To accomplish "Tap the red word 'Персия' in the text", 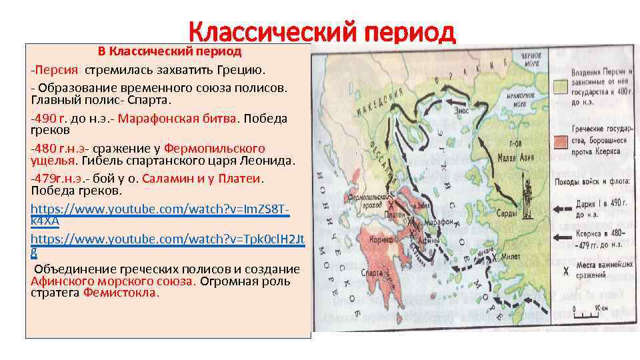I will (57, 69).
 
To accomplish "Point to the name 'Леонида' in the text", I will (271, 161).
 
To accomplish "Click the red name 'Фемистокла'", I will (121, 293).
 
